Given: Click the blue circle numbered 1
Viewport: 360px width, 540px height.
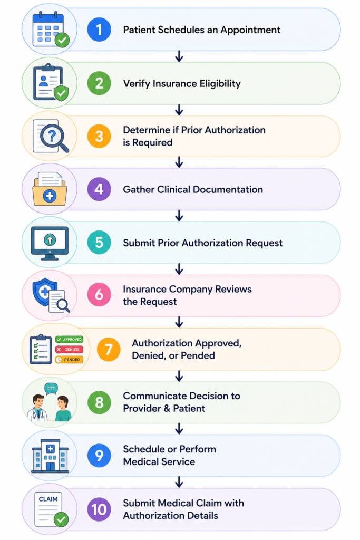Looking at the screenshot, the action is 99,30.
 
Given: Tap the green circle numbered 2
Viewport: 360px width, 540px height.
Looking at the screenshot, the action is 99,83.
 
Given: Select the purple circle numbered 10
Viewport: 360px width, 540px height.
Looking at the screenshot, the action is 99,509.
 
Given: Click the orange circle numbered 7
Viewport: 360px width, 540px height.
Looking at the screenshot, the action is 109,349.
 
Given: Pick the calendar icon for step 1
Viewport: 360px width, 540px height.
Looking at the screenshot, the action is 50,30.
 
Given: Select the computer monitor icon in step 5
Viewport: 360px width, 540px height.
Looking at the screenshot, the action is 50,243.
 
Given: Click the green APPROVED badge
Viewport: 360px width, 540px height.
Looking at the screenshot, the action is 69,340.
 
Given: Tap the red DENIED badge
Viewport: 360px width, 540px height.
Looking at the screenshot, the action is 69,350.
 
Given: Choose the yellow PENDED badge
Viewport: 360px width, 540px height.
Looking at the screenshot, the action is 69,360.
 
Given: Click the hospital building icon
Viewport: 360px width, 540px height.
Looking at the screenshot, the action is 50,456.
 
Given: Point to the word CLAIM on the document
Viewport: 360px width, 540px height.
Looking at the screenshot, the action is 48,499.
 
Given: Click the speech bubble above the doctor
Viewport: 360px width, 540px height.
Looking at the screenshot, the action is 51,389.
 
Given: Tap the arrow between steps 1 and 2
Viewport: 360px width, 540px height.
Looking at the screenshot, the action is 179,56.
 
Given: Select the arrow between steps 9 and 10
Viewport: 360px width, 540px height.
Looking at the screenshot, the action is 179,482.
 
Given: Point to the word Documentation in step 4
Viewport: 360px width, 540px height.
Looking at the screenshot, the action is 228,189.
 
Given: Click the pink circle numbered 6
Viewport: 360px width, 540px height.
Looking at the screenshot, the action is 99,295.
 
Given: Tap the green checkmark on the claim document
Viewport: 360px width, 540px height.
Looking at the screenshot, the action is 62,519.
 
